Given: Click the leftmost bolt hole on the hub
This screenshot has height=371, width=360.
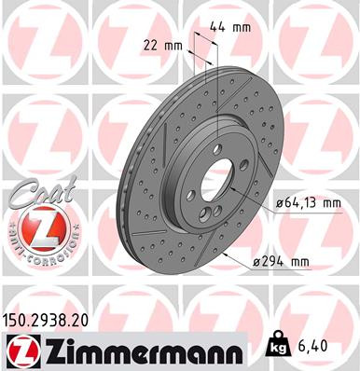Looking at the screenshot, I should pos(191,192).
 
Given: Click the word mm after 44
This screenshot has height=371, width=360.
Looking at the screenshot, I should pos(241,27).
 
